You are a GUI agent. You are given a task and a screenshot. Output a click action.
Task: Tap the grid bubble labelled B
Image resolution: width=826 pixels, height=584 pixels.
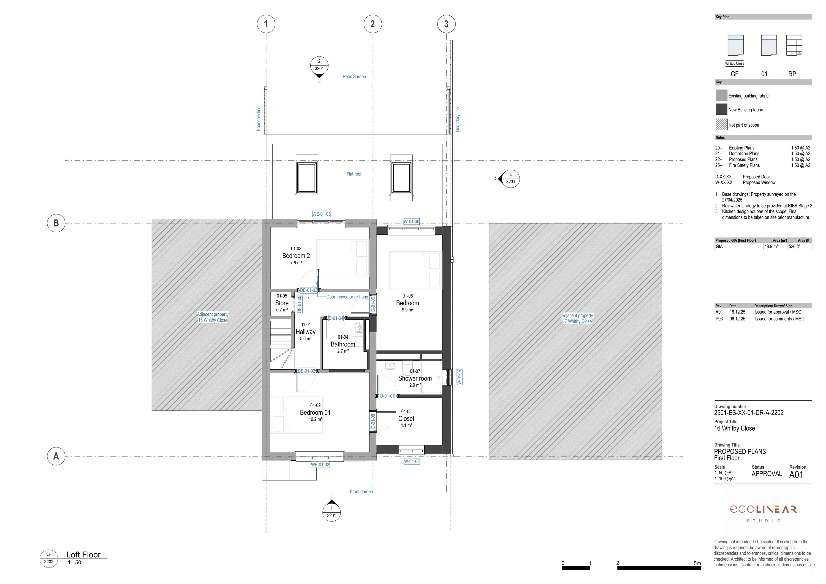click(56, 223)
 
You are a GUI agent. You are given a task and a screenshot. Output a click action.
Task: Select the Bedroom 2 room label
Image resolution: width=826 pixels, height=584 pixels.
click(296, 256)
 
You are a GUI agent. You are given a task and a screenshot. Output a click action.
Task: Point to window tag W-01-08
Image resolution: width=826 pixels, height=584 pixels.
click(412, 461)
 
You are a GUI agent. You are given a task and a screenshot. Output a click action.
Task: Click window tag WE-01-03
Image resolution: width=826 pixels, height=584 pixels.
click(321, 214)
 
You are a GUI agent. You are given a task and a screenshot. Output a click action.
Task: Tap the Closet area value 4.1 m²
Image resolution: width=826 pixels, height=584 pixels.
click(406, 425)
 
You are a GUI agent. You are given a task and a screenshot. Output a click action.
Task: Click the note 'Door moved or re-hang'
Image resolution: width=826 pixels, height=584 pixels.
click(347, 297)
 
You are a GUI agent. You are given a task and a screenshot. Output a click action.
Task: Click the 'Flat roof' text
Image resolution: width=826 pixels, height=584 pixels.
click(354, 174)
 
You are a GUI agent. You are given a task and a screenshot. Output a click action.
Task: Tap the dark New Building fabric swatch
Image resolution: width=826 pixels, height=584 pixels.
click(721, 109)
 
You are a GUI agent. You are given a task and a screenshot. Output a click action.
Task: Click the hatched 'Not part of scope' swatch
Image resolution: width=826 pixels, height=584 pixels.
click(721, 124)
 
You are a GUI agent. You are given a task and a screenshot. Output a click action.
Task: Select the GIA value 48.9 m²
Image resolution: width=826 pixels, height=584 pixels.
click(771, 246)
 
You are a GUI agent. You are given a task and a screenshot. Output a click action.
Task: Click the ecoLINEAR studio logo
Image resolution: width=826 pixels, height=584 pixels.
click(763, 513)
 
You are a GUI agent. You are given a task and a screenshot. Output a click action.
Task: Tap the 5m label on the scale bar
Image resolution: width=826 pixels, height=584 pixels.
click(697, 563)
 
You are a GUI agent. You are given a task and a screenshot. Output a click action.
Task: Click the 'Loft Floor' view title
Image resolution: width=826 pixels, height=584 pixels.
click(83, 555)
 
